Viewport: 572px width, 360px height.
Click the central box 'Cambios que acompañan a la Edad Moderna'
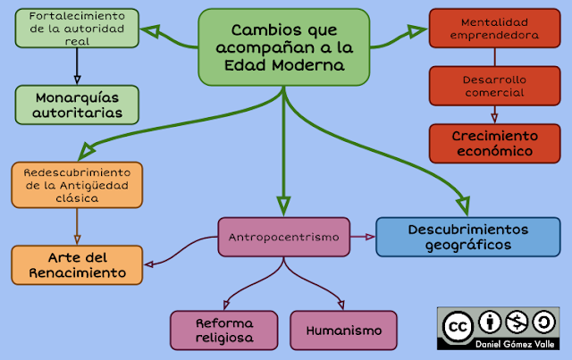(283, 47)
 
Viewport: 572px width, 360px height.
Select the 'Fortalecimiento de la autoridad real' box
(77, 28)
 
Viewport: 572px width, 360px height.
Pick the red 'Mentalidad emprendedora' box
(493, 29)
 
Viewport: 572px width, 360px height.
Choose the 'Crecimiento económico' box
(493, 143)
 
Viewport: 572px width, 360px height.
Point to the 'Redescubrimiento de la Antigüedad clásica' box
(77, 184)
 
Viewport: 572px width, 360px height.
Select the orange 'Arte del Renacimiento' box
(77, 264)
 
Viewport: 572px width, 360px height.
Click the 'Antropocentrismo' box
(283, 238)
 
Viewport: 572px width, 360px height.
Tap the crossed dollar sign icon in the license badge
(517, 322)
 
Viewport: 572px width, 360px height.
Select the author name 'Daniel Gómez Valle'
(498, 344)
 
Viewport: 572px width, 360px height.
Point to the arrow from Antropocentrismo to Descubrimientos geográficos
(362, 237)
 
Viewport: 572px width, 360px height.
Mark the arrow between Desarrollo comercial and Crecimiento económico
(493, 113)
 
